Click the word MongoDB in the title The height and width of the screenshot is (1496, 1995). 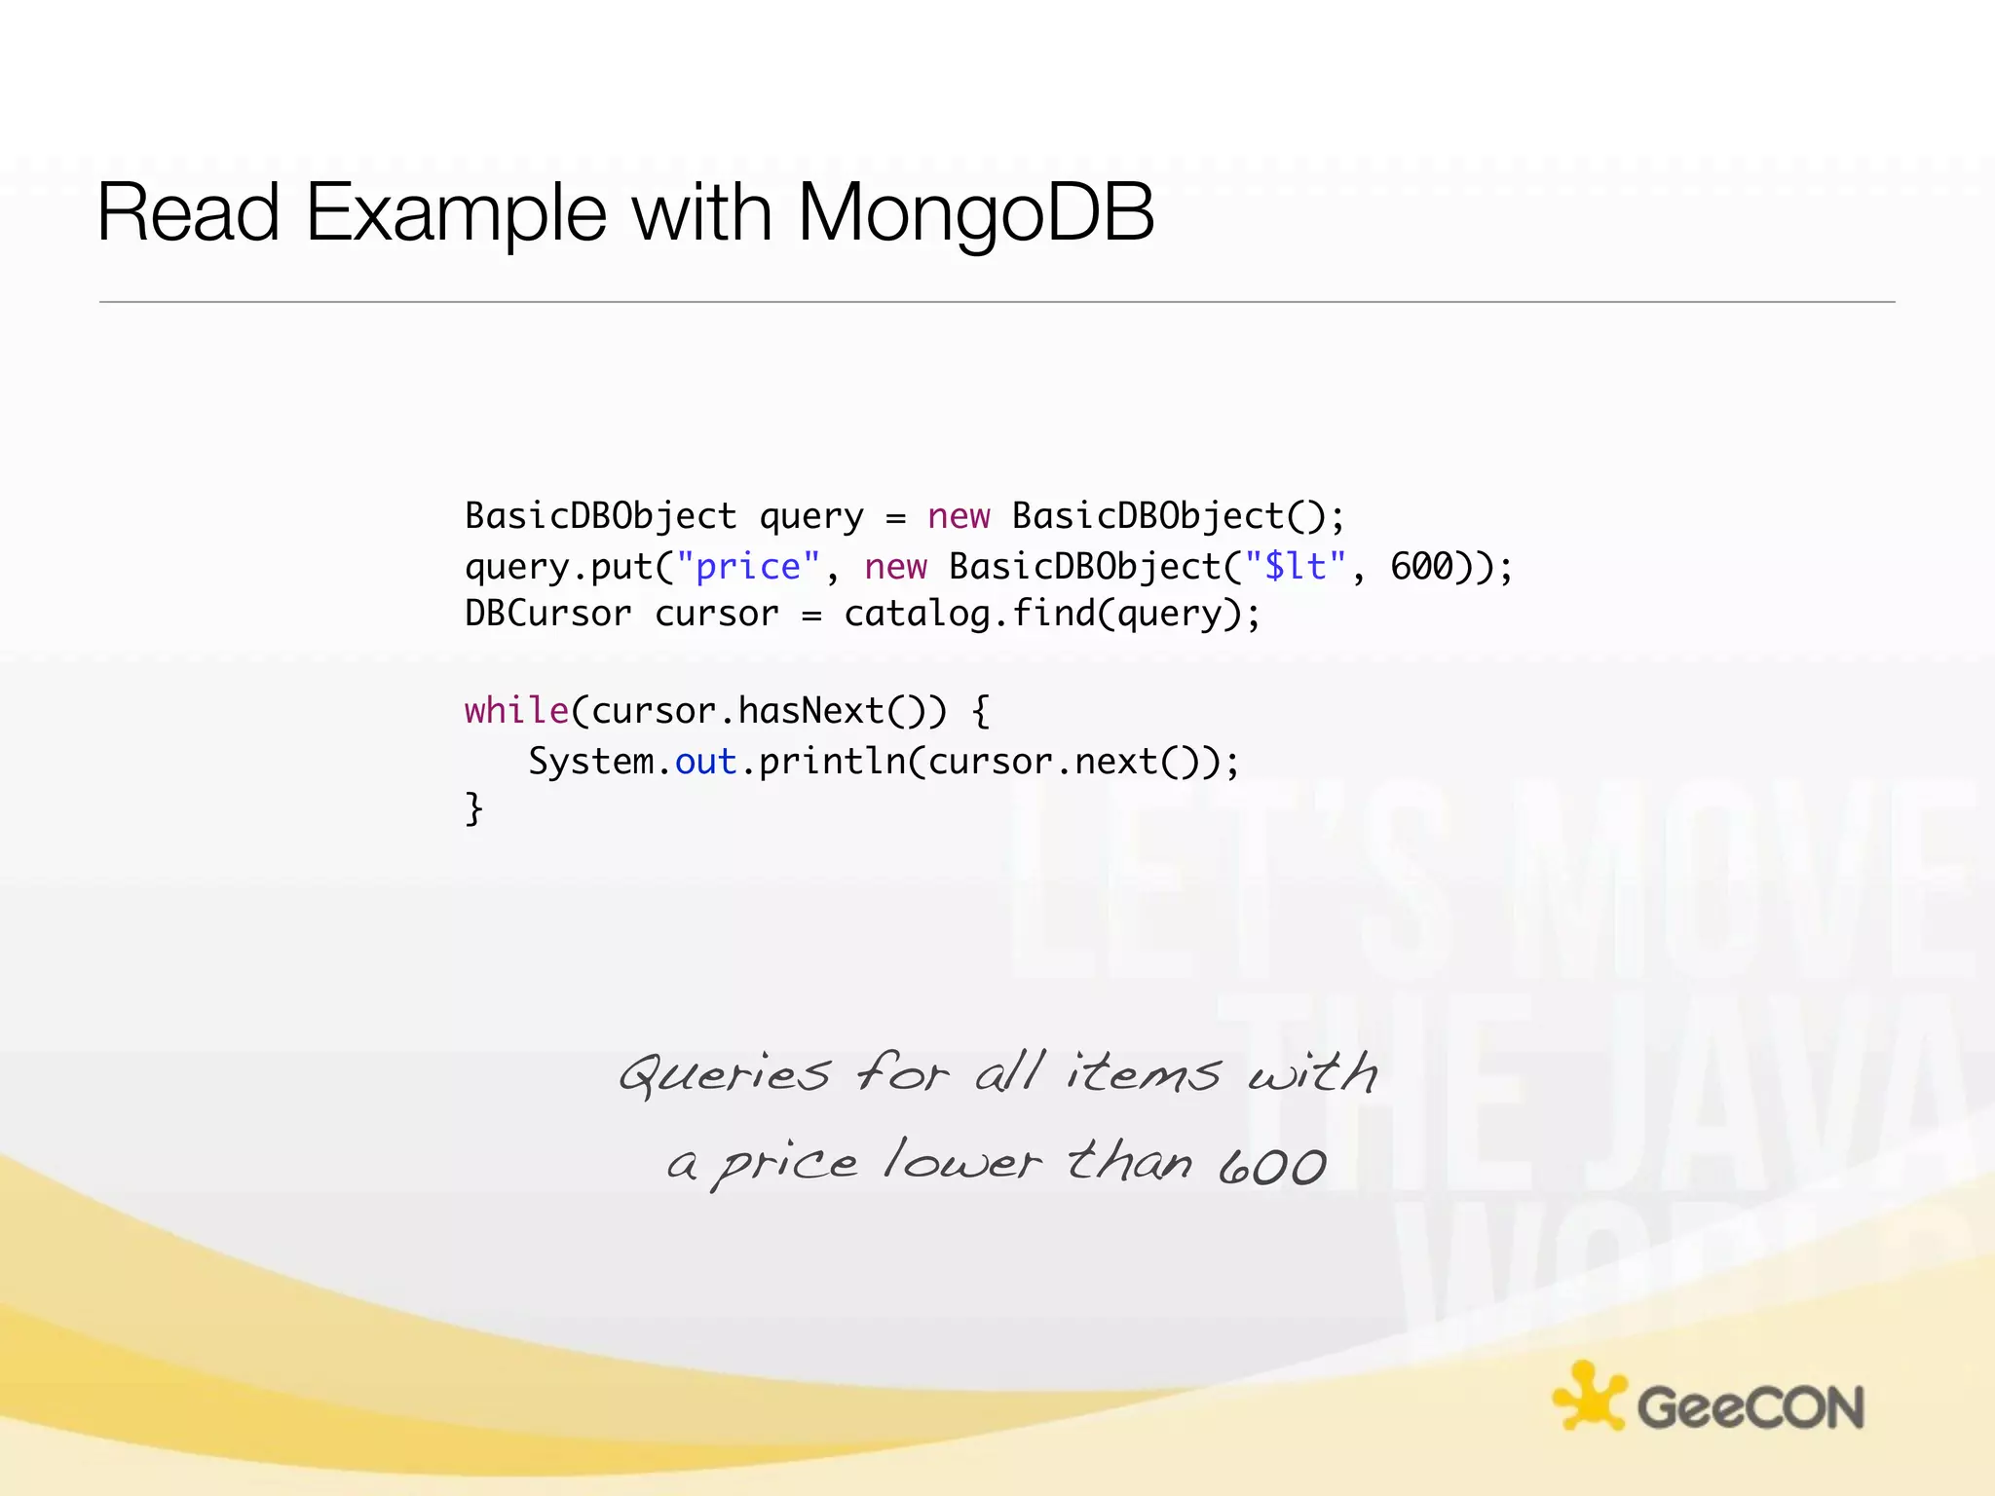pos(976,212)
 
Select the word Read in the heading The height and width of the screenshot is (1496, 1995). pos(188,212)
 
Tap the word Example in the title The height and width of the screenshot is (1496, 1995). pos(456,212)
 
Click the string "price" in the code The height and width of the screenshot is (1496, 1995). pos(747,566)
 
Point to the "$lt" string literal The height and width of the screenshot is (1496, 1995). pos(1295,566)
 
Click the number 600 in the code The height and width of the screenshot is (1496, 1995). pos(1421,566)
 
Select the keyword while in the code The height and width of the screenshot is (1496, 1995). pos(516,710)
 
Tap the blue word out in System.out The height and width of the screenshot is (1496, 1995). pos(705,761)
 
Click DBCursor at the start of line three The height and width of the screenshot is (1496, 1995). pos(547,614)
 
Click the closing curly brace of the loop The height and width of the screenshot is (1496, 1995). pos(473,808)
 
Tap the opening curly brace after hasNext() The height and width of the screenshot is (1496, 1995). pos(980,710)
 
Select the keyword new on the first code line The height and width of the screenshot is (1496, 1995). pos(958,515)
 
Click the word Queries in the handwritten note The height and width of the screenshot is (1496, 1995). pos(725,1075)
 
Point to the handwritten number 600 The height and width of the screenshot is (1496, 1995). pos(1272,1165)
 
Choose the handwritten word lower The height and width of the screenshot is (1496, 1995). pos(961,1162)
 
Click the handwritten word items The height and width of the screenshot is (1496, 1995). pos(1142,1073)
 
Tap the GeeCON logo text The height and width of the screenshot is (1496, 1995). pos(1750,1407)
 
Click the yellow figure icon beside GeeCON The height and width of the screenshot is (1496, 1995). pos(1588,1398)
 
